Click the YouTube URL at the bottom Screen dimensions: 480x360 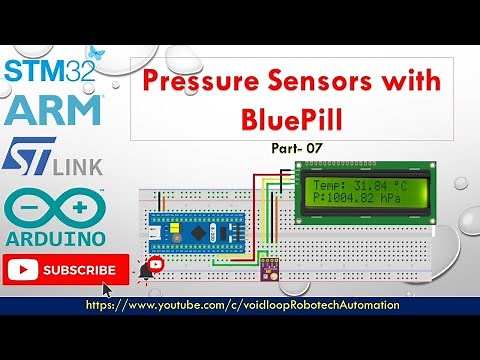243,305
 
